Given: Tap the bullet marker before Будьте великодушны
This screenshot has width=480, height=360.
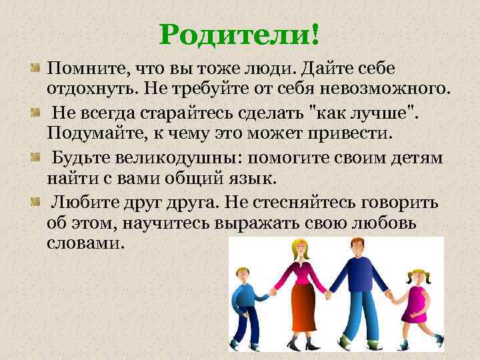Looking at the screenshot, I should click(x=35, y=157).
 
